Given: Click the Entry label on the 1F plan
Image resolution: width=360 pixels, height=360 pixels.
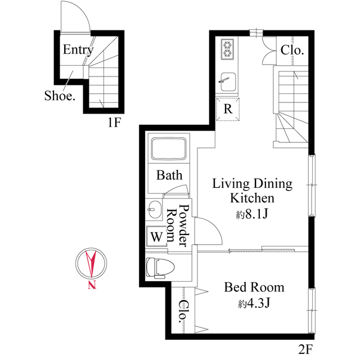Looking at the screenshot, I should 78,49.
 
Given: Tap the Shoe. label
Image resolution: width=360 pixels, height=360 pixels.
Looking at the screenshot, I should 60,96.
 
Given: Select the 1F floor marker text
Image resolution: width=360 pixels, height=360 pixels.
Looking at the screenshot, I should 115,122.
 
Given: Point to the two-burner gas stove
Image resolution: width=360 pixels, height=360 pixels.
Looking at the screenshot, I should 227,49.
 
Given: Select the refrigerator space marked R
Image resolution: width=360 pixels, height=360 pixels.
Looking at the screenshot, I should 228,109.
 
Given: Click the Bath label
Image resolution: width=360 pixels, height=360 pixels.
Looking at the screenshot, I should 169,175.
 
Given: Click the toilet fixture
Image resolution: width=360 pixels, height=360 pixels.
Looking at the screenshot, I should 157,267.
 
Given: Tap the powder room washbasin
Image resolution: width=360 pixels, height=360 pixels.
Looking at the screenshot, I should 154,211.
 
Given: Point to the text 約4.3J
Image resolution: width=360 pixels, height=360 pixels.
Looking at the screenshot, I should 254,304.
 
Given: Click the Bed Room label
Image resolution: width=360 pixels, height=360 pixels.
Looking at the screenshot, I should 254,287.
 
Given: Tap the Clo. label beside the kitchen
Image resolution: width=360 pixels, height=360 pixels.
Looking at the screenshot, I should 292,50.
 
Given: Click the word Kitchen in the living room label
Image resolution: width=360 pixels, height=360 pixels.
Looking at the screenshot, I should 251,198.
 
